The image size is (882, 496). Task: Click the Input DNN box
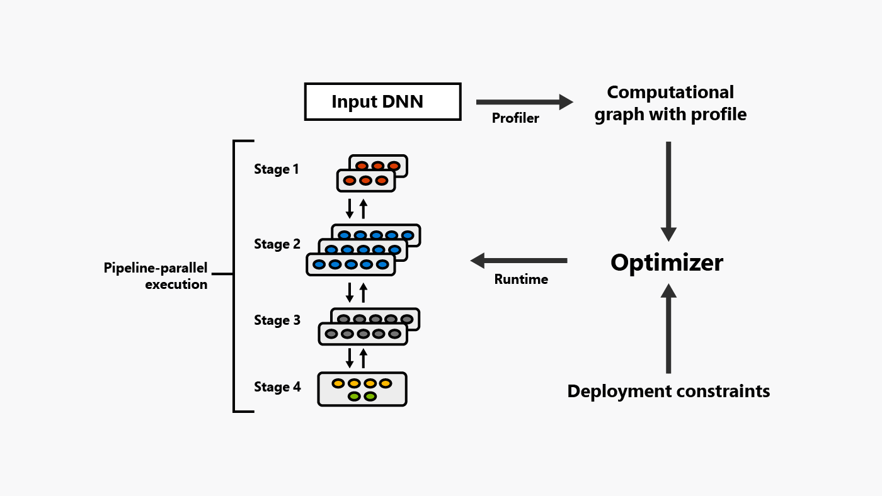point(382,101)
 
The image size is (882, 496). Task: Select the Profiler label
point(515,118)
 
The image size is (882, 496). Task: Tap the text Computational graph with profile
point(670,103)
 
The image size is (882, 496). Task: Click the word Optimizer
point(667,262)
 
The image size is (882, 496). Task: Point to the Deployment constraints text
point(668,391)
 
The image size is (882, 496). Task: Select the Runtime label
point(521,279)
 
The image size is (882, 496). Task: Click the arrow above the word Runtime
point(519,260)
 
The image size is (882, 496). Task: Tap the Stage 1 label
point(277,169)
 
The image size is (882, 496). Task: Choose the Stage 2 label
point(277,244)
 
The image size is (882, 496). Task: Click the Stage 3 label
point(277,320)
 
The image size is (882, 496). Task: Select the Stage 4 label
point(277,387)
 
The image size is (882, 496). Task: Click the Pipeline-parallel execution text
point(156,276)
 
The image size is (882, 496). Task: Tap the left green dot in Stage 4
point(354,397)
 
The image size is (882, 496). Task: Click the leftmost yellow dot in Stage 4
point(338,383)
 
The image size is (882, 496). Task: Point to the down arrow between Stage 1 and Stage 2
point(350,208)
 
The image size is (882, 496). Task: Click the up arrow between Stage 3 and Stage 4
point(363,358)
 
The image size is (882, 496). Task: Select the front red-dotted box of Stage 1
point(366,181)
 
